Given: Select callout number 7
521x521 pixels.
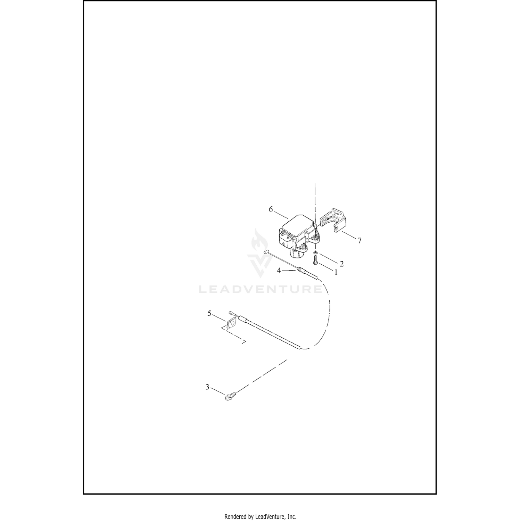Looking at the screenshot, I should (359, 240).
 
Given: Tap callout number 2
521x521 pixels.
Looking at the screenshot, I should (341, 264).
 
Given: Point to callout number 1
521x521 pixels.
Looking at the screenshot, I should (336, 273).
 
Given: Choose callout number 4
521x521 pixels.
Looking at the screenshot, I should (279, 270).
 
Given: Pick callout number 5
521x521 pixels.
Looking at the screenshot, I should (209, 314).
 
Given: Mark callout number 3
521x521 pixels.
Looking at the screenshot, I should (207, 387).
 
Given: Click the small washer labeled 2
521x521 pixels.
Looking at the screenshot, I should (315, 253).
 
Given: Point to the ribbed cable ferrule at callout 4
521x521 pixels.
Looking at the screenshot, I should (301, 270).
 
